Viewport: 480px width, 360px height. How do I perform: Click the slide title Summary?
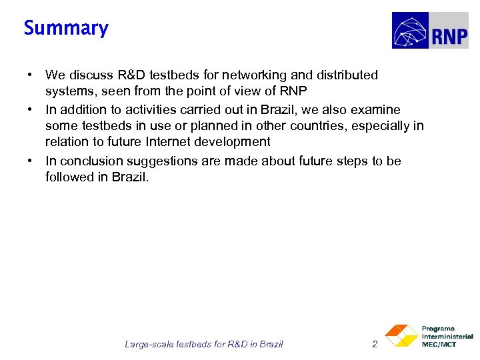[x=66, y=28]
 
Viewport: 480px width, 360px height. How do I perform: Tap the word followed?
[x=69, y=177]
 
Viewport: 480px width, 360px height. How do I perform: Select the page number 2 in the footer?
[x=375, y=344]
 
